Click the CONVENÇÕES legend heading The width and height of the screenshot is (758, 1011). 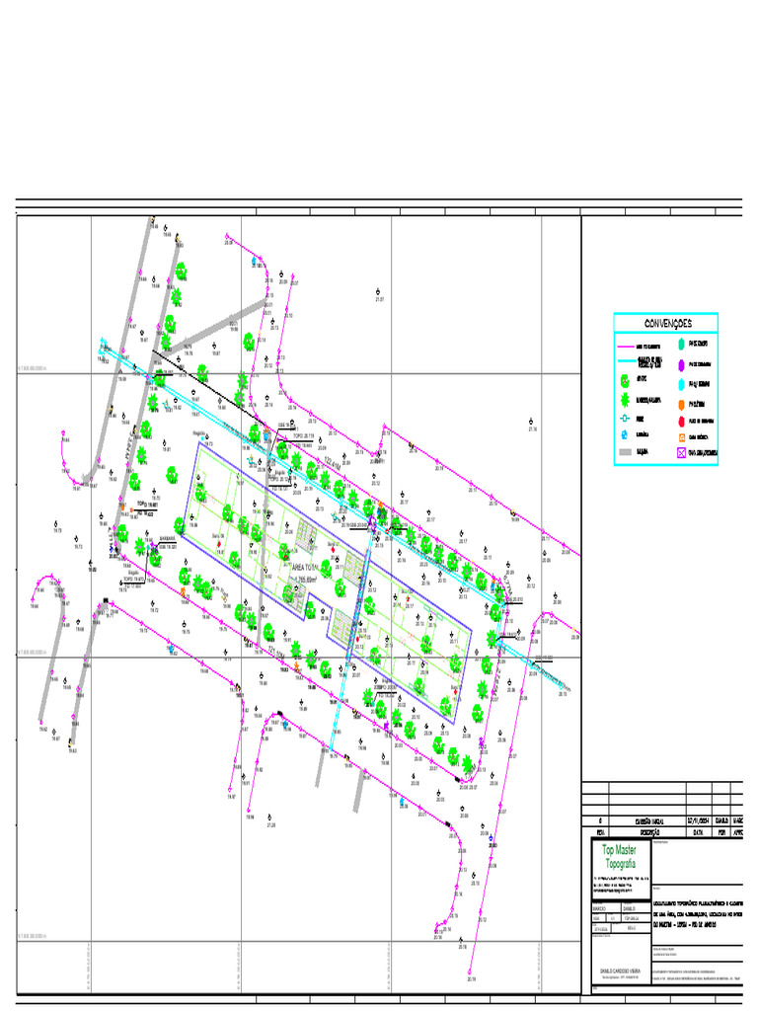[x=667, y=324]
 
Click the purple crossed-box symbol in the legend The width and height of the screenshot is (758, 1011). [x=680, y=453]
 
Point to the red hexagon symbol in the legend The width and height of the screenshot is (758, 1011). [x=680, y=421]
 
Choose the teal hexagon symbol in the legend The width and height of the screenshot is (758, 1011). [x=680, y=344]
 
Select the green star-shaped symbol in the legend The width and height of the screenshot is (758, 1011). [x=625, y=400]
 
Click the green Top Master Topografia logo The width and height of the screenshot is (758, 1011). [x=620, y=856]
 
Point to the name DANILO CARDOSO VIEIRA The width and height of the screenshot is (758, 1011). [x=620, y=971]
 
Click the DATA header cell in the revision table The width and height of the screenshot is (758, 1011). [x=698, y=831]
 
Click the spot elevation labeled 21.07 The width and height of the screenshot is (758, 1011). [x=379, y=298]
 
